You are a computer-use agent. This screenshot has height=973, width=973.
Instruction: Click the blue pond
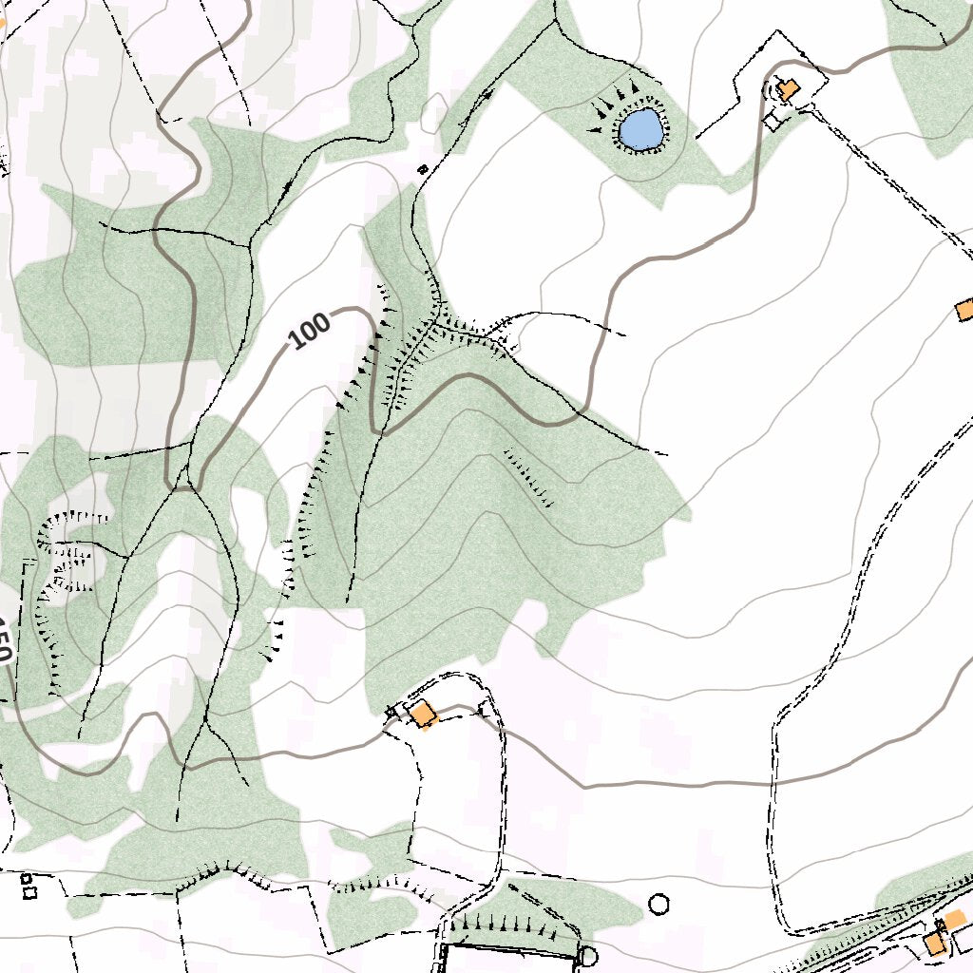coord(639,129)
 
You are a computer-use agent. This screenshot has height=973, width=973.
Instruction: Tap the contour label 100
coord(310,331)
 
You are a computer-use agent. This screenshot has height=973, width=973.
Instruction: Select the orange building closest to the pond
coord(787,90)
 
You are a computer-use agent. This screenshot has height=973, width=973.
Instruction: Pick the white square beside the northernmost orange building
coord(773,121)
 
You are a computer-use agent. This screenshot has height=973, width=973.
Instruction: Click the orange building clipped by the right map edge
coord(965,310)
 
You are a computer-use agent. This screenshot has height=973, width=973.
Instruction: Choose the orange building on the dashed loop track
coord(423,714)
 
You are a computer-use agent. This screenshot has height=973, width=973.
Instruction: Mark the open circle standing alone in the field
coord(658,904)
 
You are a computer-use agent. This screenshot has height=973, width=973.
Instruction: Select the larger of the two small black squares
coord(29,892)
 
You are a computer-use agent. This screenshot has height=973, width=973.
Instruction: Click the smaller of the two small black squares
coord(26,878)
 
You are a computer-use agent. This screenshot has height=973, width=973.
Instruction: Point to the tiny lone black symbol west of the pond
coord(423,169)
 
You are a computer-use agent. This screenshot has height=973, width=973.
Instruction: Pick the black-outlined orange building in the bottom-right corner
coord(935,944)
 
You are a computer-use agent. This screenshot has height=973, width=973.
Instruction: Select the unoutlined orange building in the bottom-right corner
coord(953,918)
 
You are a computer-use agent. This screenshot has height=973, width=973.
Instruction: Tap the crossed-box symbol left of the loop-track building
coord(391,712)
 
